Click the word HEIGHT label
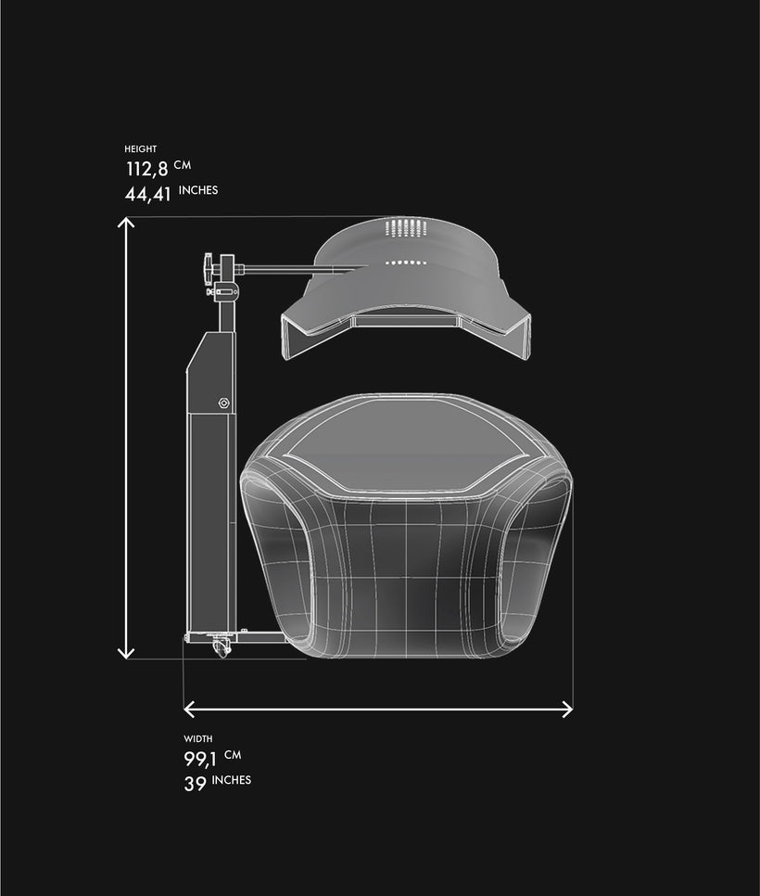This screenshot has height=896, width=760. click(x=141, y=149)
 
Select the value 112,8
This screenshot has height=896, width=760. click(x=147, y=169)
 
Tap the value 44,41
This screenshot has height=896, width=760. click(x=148, y=194)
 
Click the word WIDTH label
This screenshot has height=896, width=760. click(x=198, y=739)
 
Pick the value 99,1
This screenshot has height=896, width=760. click(x=200, y=760)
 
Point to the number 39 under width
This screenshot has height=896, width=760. click(x=195, y=784)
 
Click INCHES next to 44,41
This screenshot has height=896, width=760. click(x=198, y=190)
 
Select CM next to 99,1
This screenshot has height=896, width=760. click(x=233, y=755)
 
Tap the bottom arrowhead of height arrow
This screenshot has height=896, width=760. click(x=126, y=654)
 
